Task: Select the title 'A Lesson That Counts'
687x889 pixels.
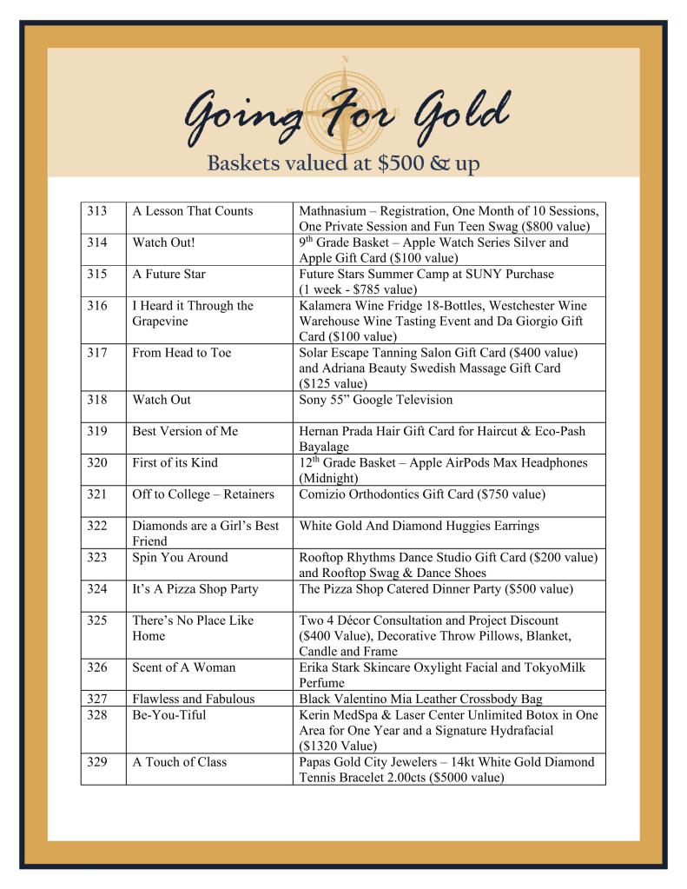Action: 192,211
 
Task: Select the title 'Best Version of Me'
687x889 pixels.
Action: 185,431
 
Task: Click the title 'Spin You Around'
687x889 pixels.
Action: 180,557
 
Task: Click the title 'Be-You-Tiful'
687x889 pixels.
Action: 168,714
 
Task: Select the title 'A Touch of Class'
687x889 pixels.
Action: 179,762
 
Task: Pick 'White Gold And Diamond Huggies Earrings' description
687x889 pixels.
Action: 419,526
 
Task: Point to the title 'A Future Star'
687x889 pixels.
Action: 169,274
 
